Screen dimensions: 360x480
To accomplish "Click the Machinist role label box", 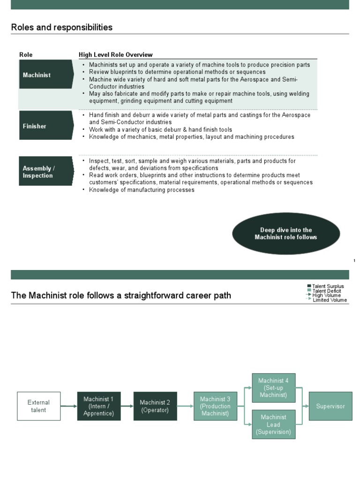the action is click(x=46, y=75).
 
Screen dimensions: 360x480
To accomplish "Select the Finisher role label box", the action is click(x=46, y=126).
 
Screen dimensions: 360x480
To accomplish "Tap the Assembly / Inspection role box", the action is click(x=46, y=172).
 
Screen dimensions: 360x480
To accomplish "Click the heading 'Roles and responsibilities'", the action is click(x=62, y=27).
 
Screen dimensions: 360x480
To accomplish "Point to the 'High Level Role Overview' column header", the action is click(x=115, y=55).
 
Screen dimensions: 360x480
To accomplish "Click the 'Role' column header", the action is click(x=26, y=55).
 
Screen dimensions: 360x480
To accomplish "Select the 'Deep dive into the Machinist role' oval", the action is click(x=286, y=233).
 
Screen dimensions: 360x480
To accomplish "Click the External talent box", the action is click(x=38, y=406).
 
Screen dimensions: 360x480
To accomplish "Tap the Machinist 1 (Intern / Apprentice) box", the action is click(x=98, y=406).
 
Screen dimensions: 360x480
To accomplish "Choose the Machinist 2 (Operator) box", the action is click(x=155, y=406).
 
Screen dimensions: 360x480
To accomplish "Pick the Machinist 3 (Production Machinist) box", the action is click(x=216, y=406).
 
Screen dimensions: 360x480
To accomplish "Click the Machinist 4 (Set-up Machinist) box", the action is click(x=274, y=388).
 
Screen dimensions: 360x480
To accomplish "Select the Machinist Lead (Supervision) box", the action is click(x=274, y=424).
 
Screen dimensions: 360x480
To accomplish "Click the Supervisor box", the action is click(x=330, y=406).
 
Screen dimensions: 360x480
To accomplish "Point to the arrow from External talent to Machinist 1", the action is click(x=69, y=406).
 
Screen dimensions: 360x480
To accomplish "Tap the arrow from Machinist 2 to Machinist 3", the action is click(x=185, y=406).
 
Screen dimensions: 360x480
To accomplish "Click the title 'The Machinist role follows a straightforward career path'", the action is click(x=121, y=296).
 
